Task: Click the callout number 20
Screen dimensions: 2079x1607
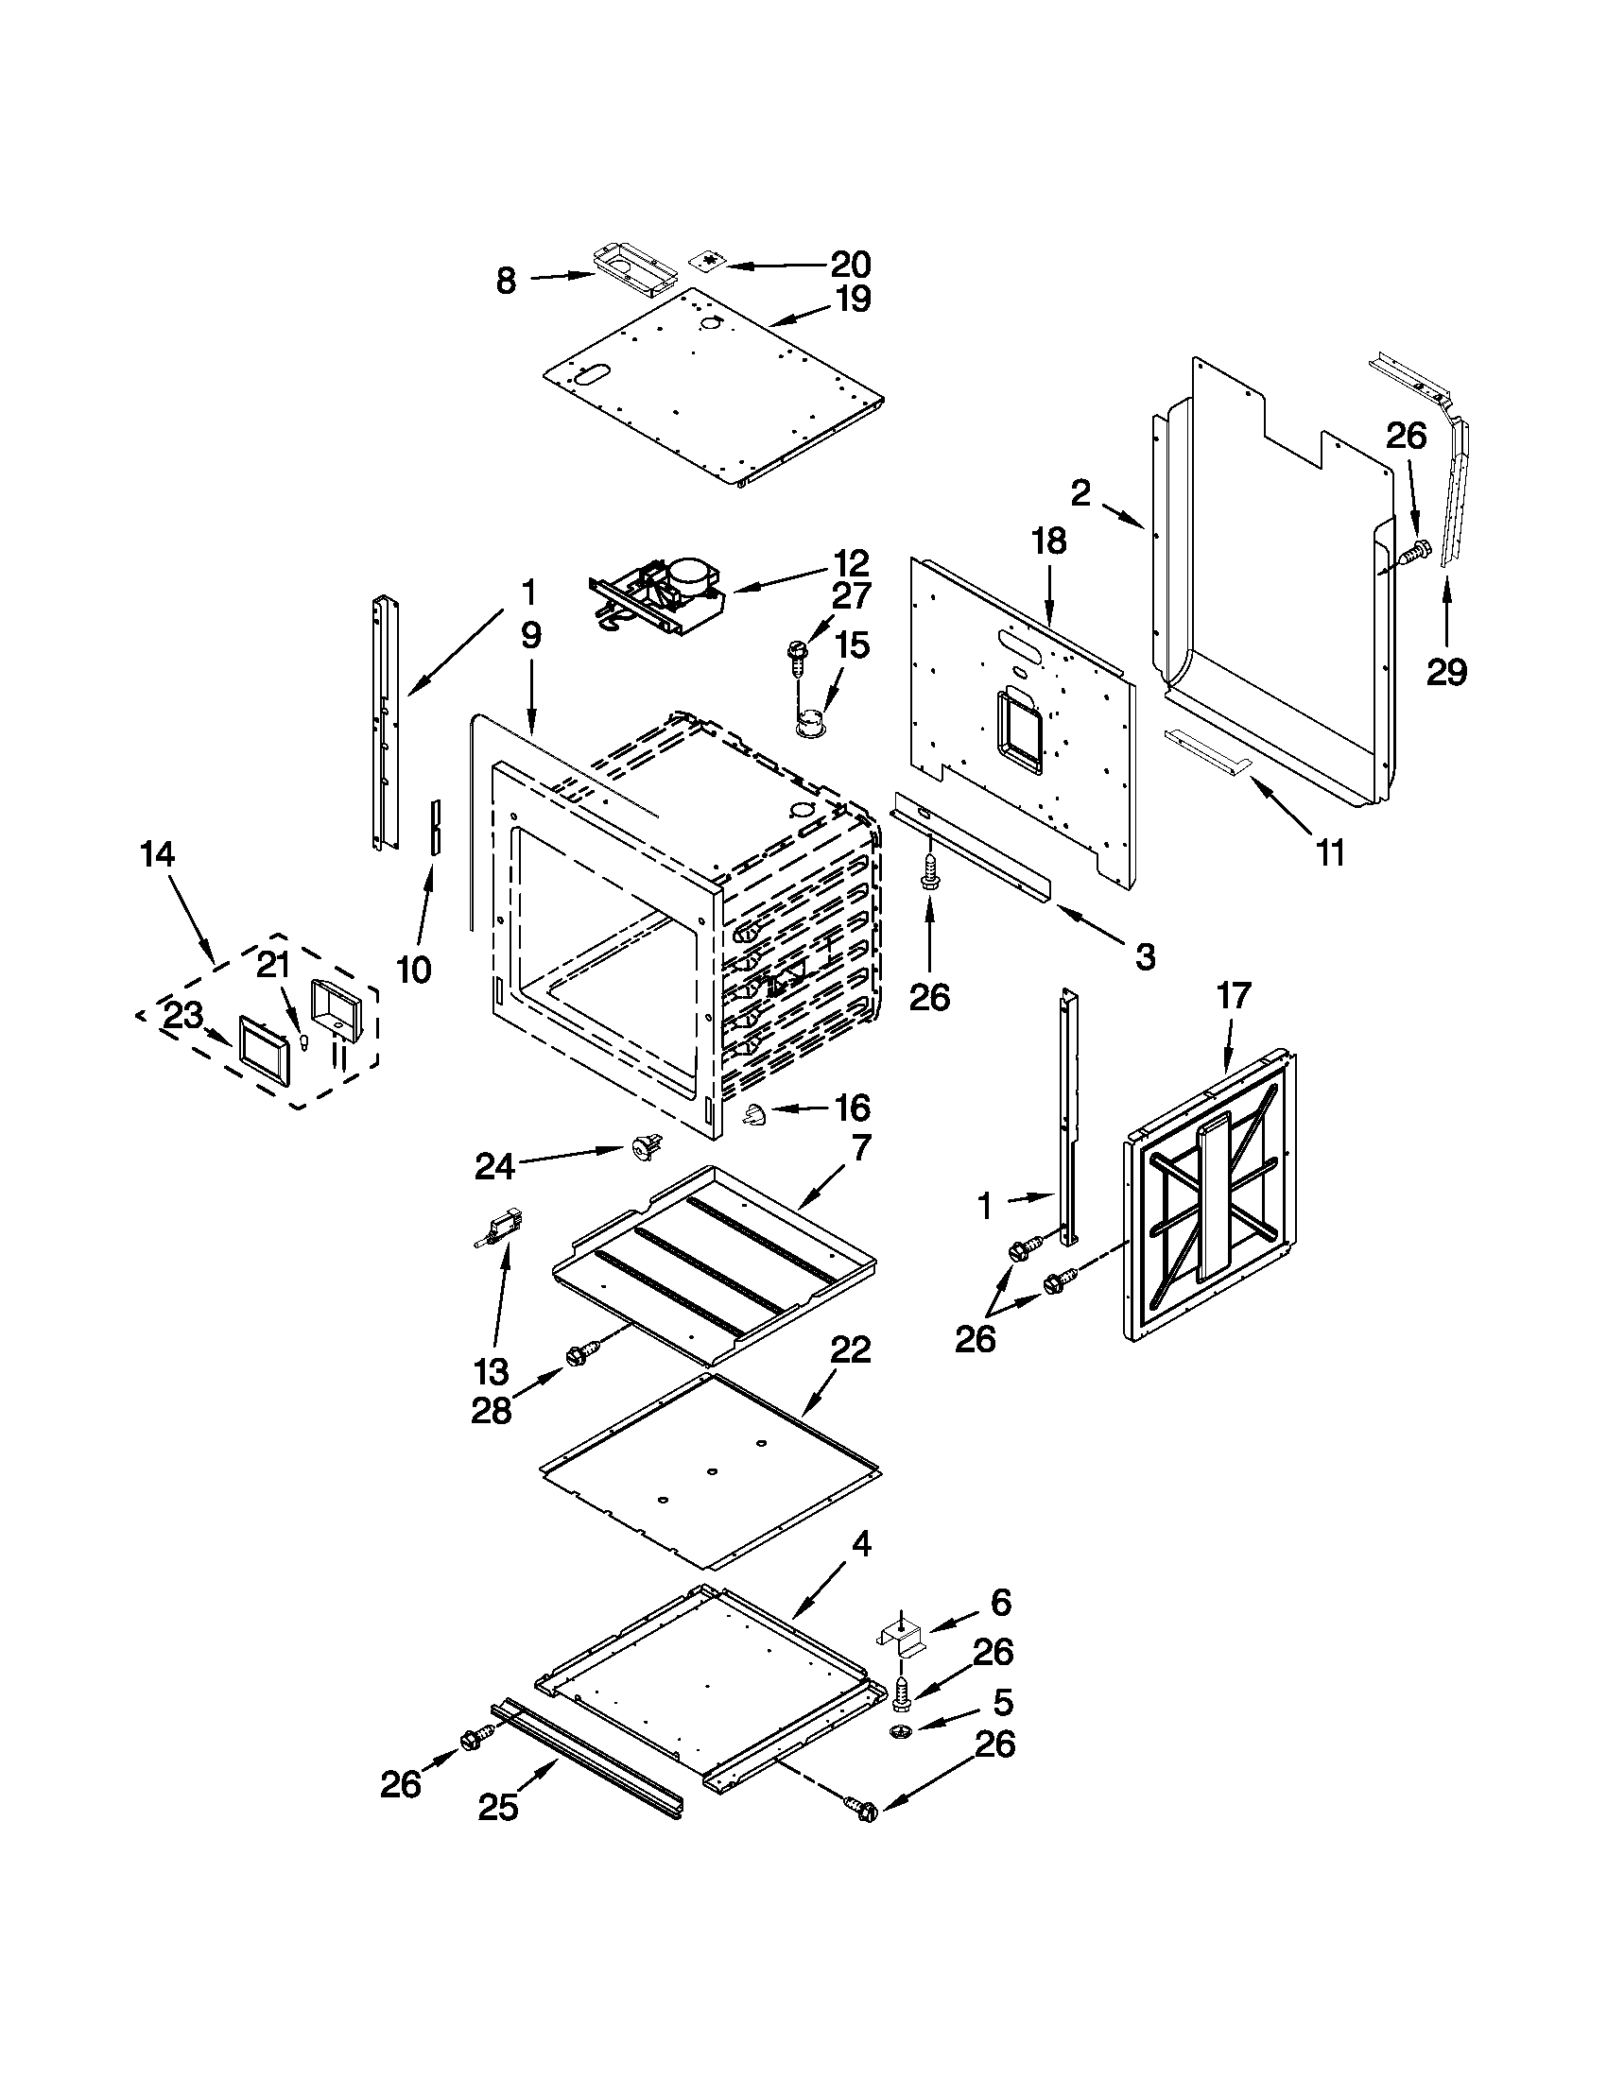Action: click(x=850, y=264)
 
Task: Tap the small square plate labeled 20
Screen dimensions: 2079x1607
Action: click(x=705, y=262)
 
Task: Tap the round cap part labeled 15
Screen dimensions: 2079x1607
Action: click(x=810, y=723)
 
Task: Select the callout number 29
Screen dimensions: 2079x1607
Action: click(x=1446, y=673)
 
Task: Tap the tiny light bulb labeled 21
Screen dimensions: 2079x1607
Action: click(x=304, y=1042)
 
